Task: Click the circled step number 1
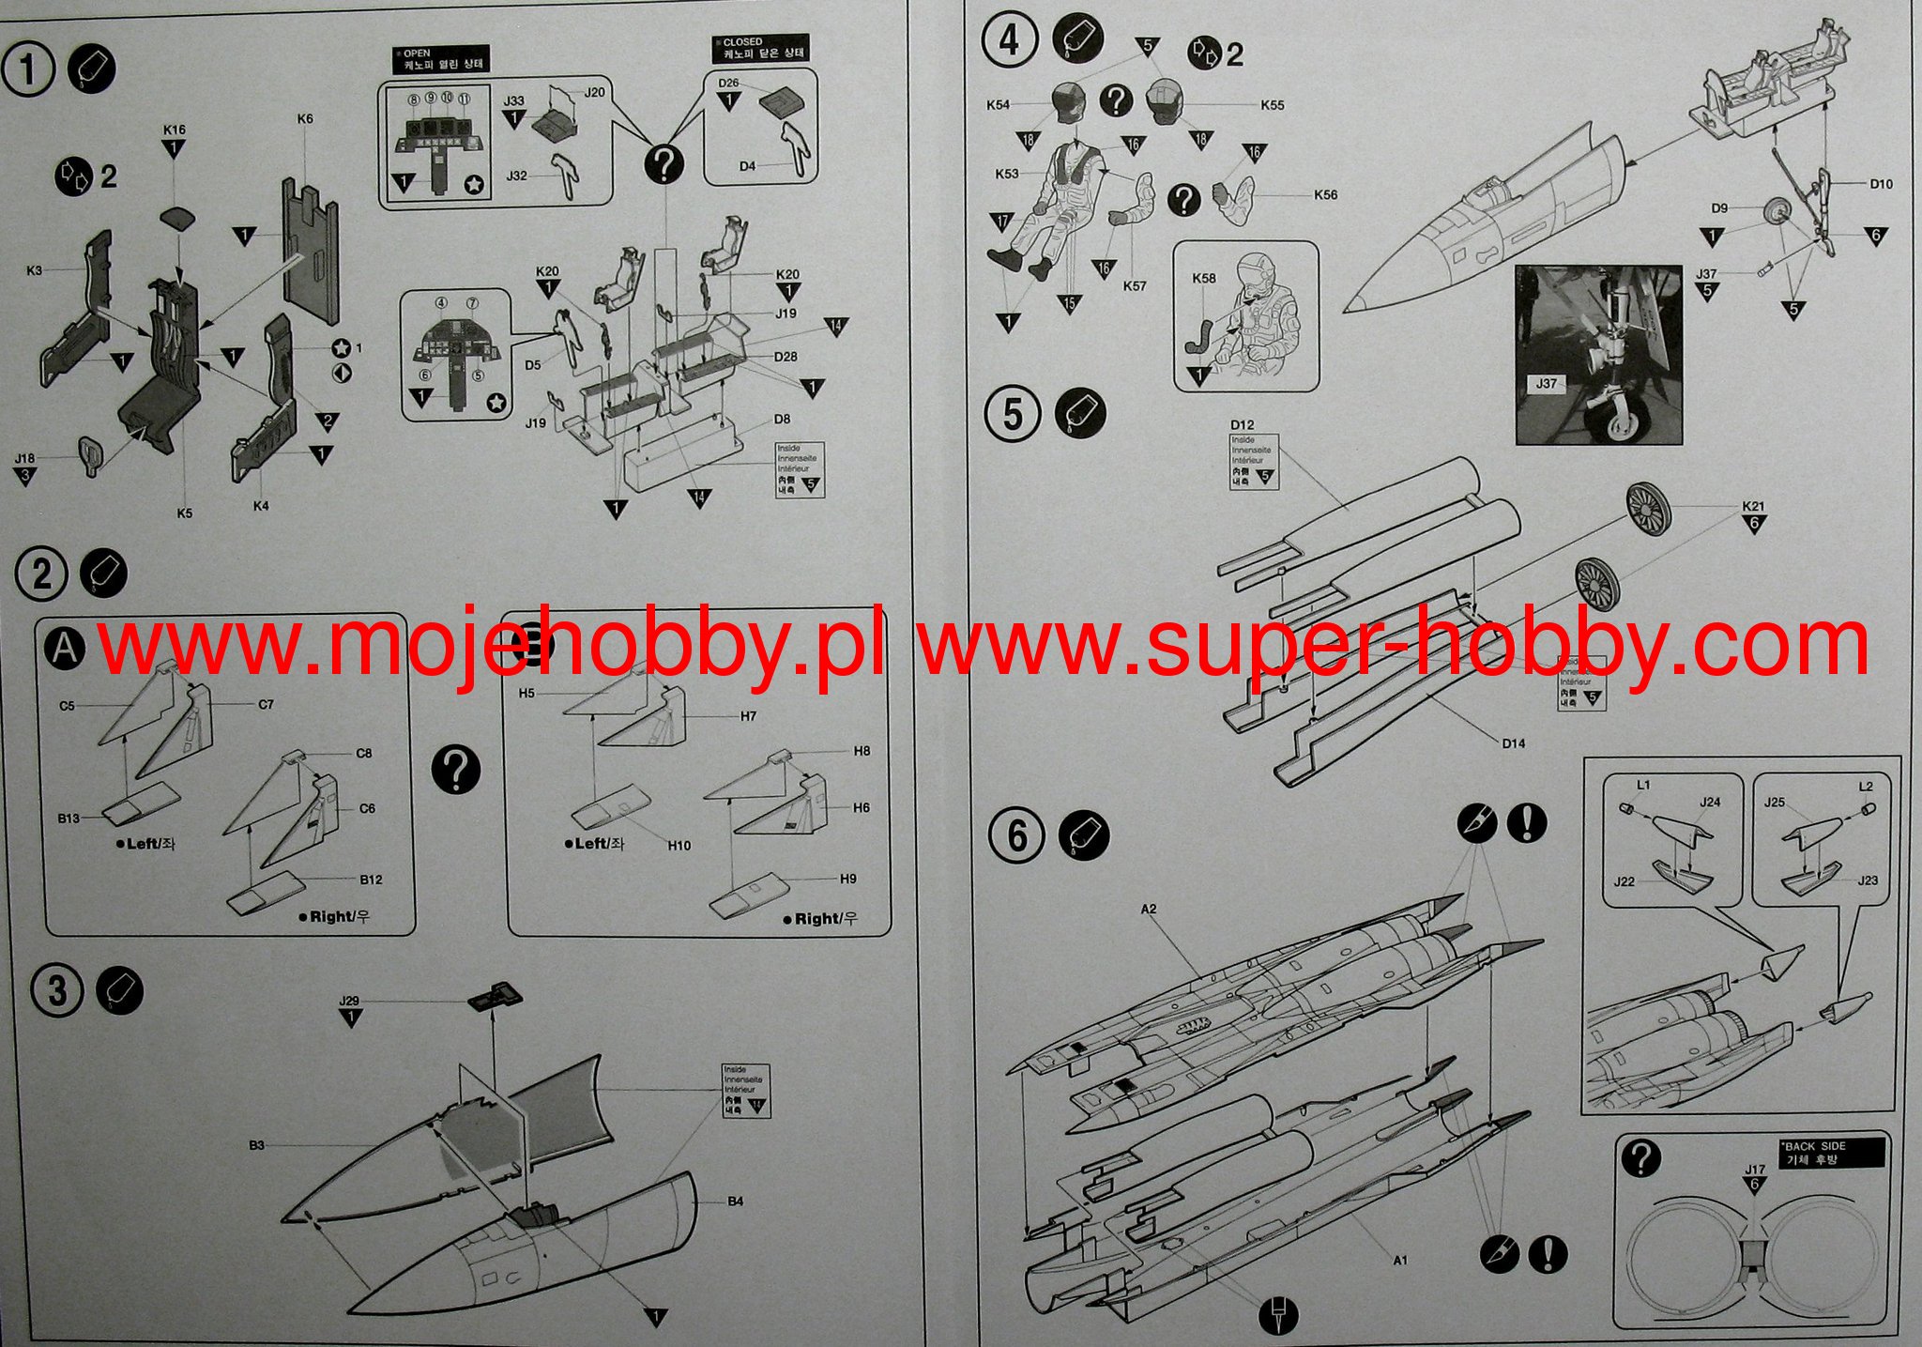[28, 70]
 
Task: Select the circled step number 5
[1013, 414]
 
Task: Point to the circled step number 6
[1017, 835]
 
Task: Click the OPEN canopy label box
[441, 60]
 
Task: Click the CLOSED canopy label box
[759, 48]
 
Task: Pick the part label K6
[305, 119]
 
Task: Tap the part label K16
[174, 130]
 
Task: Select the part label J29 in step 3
[349, 1002]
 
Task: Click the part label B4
[735, 1201]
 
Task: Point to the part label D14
[1514, 743]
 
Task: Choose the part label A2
[1149, 909]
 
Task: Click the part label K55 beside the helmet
[1273, 105]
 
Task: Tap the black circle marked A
[65, 648]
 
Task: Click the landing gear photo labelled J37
[1598, 355]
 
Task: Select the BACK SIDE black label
[1830, 1153]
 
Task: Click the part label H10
[679, 846]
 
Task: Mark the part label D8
[782, 420]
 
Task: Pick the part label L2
[1866, 787]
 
